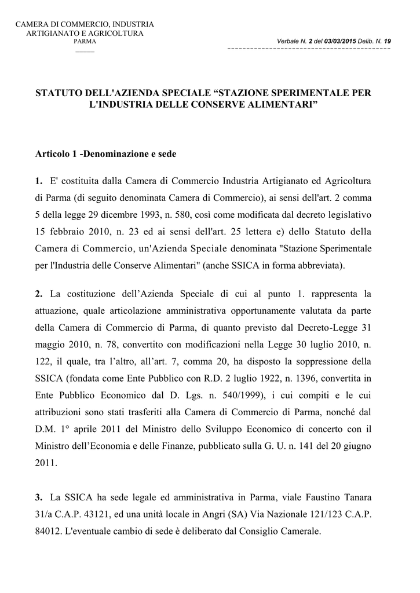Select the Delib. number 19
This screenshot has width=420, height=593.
pyautogui.click(x=387, y=41)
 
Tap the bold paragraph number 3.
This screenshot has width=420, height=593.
pyautogui.click(x=38, y=497)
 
